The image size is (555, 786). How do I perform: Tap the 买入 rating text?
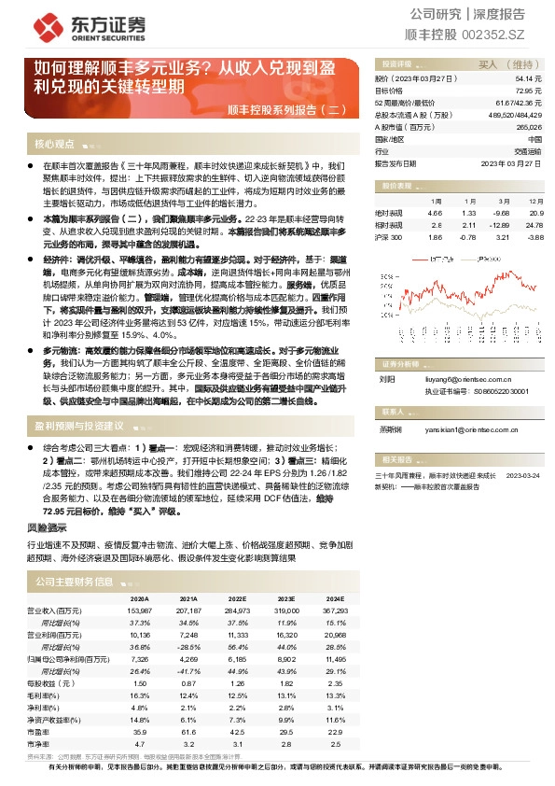[x=489, y=64]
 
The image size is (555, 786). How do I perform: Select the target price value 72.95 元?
[x=526, y=91]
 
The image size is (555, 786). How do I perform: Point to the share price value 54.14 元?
[x=526, y=79]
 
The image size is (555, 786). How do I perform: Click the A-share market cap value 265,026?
[x=527, y=126]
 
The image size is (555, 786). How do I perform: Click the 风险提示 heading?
[x=47, y=527]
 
